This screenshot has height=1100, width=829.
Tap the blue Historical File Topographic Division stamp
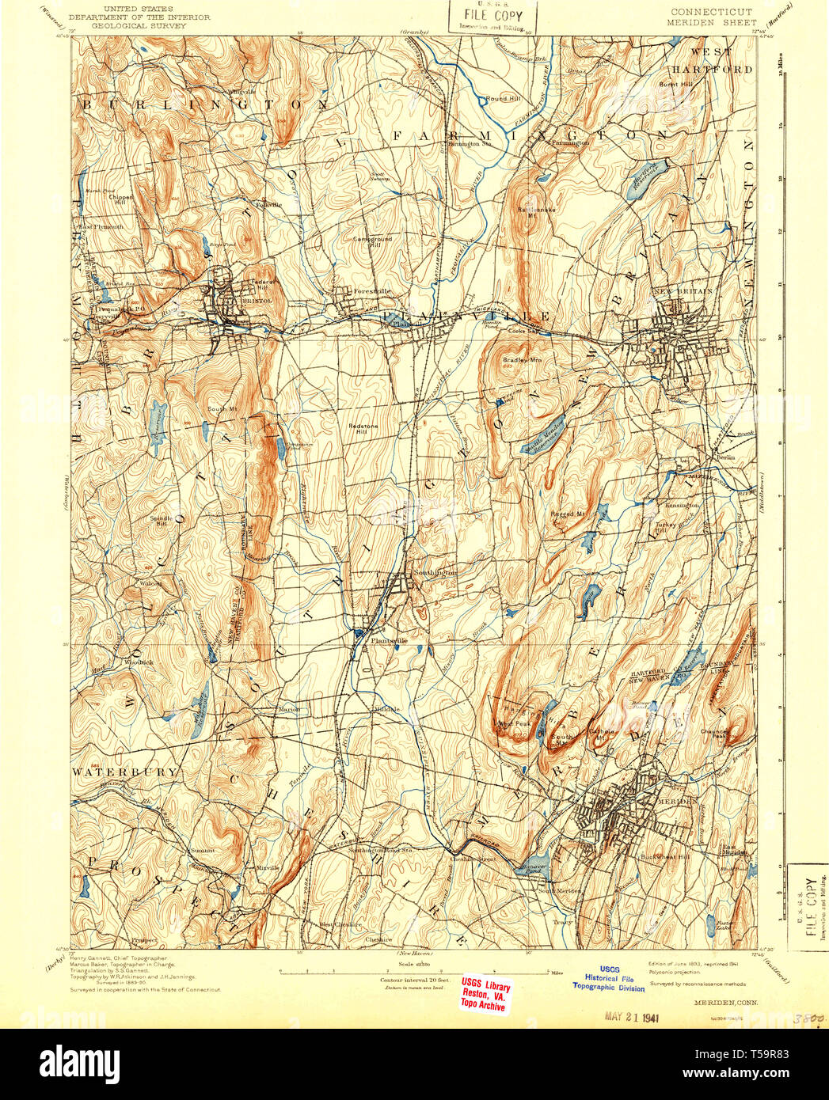(x=609, y=978)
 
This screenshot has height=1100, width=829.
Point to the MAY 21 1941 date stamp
(x=632, y=1017)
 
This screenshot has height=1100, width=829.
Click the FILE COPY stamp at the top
(x=492, y=15)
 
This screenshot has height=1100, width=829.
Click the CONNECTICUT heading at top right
(x=711, y=13)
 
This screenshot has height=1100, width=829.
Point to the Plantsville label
(x=389, y=640)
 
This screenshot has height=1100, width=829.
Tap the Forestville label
(x=373, y=291)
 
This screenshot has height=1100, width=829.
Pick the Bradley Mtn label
(x=522, y=361)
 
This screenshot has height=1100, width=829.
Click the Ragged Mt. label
(x=568, y=514)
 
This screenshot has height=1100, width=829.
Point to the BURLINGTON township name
(x=204, y=104)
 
